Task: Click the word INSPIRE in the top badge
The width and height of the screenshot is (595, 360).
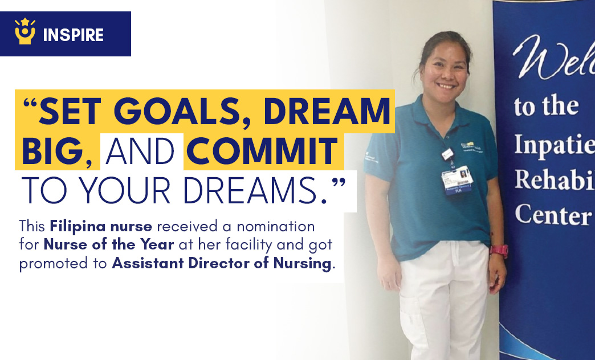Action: [x=73, y=35]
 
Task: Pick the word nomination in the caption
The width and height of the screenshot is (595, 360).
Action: [x=276, y=227]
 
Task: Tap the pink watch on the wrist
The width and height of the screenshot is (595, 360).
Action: [x=498, y=250]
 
